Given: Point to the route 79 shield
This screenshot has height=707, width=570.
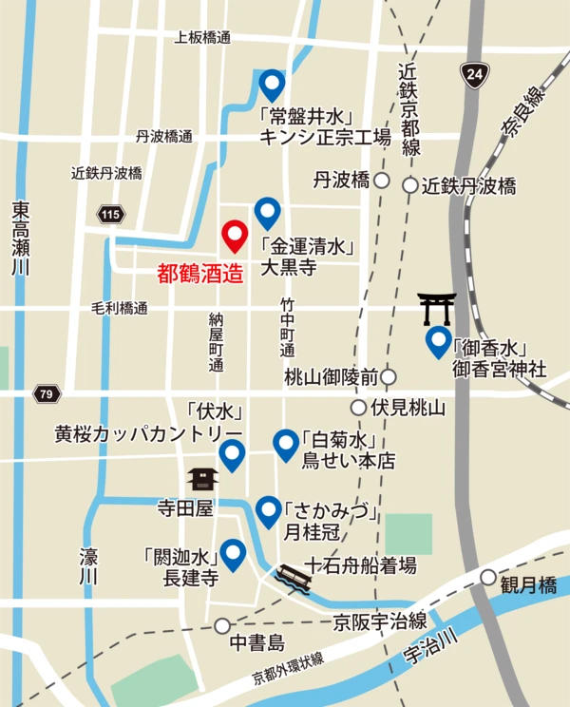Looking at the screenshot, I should pos(45,392).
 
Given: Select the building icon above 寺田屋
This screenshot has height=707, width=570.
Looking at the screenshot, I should pos(202,479).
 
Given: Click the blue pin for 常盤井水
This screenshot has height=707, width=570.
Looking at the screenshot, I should pos(273,86).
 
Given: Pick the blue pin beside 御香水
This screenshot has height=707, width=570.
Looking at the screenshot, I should pos(438,340).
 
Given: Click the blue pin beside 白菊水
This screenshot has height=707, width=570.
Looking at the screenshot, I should pos(286,444).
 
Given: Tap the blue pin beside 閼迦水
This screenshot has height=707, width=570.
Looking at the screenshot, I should pos(233,554).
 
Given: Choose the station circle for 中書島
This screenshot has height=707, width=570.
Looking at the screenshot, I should pos(222,626).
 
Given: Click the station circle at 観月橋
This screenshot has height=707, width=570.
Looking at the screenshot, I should pos(488,577).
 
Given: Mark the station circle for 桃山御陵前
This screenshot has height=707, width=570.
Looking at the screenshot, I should pos(389,377).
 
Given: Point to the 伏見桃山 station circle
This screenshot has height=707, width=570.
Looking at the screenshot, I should pos(358,408).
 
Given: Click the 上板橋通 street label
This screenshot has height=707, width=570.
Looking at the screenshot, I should pos(202,38).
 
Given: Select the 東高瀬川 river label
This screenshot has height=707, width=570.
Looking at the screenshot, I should pos(22,238).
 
